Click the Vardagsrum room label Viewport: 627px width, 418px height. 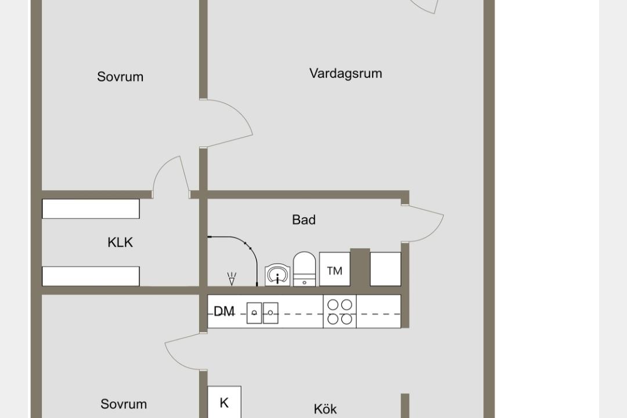point(345,74)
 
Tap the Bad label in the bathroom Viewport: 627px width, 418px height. point(304,219)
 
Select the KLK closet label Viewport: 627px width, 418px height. point(120,243)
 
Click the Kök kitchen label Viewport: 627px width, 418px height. point(325,409)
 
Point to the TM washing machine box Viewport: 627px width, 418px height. point(335,269)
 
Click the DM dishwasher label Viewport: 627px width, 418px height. point(224,311)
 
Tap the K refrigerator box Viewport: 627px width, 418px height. point(224,402)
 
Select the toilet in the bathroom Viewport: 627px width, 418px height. point(304,269)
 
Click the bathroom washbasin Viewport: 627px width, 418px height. point(278,275)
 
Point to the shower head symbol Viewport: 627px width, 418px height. point(232,279)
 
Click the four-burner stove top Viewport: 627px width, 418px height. point(340,312)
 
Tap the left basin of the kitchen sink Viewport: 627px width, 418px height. point(254,313)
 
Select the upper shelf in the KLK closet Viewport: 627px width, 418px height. point(91,209)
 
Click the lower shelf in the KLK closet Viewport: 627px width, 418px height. point(91,276)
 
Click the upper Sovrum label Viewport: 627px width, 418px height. point(120,77)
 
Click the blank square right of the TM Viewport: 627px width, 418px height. point(385,269)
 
